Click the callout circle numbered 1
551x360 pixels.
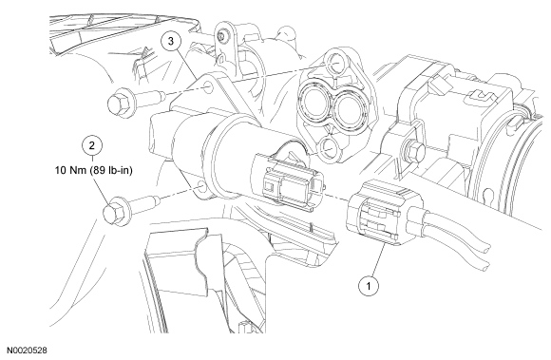pos(369,286)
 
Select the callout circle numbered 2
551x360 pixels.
pos(92,145)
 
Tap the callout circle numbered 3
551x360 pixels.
pos(171,41)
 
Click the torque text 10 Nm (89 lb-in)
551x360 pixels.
pos(94,171)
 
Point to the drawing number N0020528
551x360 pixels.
pos(27,351)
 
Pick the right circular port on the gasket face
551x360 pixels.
pos(350,106)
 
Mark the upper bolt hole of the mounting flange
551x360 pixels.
pos(335,63)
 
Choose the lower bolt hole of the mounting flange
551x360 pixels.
pos(327,147)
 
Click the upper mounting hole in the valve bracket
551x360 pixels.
pos(209,87)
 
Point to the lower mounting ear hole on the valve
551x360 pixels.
pos(201,186)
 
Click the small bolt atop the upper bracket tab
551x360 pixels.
pos(220,35)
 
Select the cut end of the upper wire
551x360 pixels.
pos(487,250)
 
